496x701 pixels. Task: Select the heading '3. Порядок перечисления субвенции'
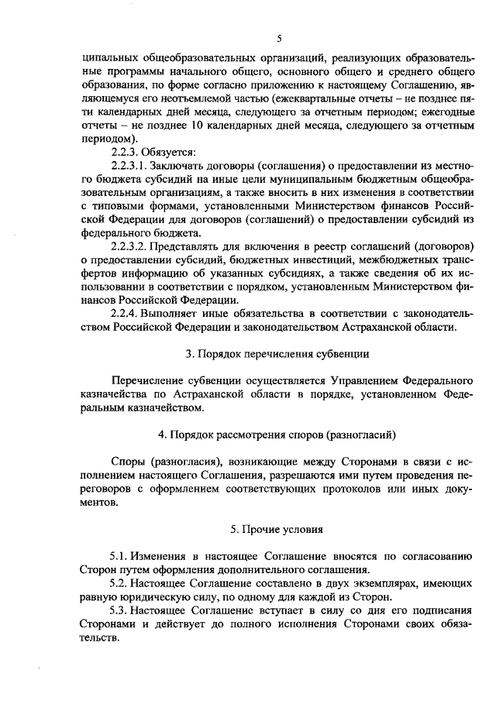[x=278, y=354]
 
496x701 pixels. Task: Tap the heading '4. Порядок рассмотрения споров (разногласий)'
[x=278, y=430]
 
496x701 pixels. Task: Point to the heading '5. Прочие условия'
[x=278, y=530]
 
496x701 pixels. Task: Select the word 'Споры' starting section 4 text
[x=129, y=459]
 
